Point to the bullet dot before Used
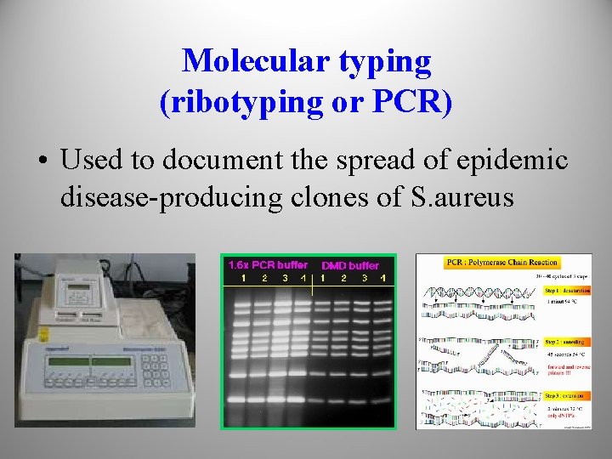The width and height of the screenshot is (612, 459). (42, 160)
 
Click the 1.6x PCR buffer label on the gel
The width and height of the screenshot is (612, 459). (268, 264)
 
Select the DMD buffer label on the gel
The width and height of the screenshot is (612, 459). (350, 265)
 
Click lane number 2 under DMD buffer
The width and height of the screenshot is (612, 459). (343, 278)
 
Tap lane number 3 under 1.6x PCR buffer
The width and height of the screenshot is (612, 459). (285, 278)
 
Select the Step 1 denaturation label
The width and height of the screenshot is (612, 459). (567, 290)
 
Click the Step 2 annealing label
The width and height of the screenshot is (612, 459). (566, 338)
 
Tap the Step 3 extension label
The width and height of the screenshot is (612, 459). (567, 395)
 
